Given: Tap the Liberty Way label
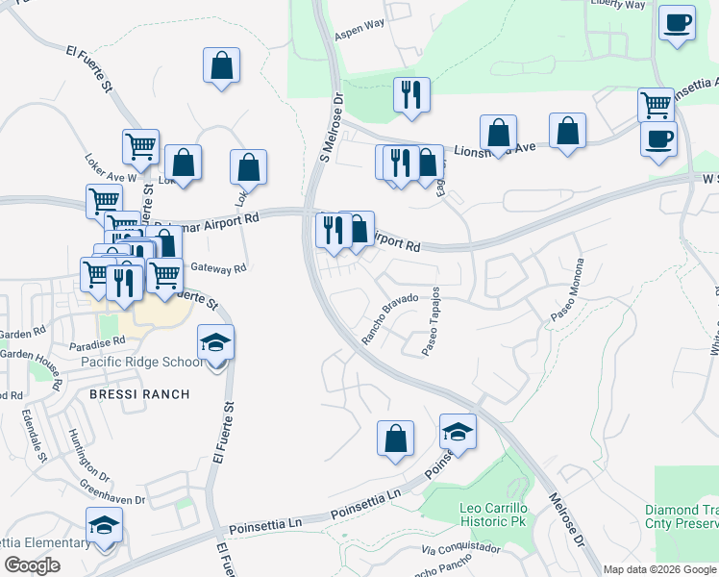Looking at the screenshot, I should point(618,5).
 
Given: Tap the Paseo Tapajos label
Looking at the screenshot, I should point(432,321).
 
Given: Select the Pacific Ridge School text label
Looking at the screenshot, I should point(141,362).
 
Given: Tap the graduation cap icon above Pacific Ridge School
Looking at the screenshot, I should point(215,342).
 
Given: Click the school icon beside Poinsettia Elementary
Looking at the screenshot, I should point(104,526).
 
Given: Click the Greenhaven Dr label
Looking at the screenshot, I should point(112,490).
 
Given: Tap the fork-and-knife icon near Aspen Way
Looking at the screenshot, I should point(411,94).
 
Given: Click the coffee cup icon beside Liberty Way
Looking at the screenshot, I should point(677,22).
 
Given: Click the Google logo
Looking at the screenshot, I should point(33,565).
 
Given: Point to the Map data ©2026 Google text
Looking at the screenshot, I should point(658,569).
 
